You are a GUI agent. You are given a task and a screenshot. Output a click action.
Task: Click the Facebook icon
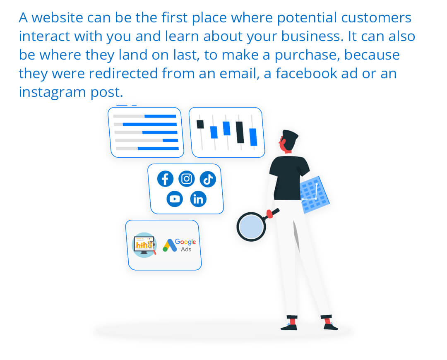165,179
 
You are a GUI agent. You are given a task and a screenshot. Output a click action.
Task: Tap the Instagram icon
186,179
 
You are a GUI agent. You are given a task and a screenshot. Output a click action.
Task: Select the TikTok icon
208,179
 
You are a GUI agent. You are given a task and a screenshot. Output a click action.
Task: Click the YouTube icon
175,199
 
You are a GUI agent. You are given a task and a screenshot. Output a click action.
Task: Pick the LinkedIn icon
198,199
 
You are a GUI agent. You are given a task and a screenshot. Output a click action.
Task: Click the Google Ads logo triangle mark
170,245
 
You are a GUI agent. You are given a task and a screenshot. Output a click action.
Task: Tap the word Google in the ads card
185,242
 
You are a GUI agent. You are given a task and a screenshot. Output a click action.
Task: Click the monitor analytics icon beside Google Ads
144,245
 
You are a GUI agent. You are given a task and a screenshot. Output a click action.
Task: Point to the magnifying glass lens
251,227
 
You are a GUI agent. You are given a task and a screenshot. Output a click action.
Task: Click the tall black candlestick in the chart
240,132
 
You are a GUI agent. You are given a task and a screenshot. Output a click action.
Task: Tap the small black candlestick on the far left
200,124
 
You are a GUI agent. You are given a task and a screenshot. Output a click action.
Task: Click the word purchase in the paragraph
307,55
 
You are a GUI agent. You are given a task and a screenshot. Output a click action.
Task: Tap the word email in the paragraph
239,73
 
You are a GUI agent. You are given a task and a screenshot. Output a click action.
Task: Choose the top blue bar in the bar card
160,116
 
